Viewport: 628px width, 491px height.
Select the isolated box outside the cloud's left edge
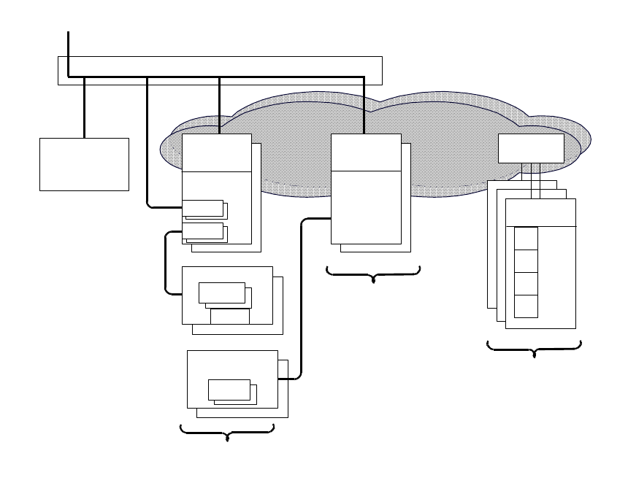(84, 164)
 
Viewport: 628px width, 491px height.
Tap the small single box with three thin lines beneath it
(531, 148)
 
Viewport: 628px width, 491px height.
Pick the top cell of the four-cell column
(526, 238)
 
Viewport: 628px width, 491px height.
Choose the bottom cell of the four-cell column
(526, 306)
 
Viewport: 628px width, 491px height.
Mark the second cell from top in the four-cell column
(526, 260)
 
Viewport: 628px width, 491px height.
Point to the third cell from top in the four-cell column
(526, 283)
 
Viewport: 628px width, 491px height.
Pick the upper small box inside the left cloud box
(202, 208)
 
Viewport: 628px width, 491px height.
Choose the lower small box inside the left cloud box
(202, 231)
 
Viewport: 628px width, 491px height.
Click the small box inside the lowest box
(229, 390)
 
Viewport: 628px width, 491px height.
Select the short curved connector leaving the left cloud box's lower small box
(166, 263)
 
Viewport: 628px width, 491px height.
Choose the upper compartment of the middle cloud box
(366, 152)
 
